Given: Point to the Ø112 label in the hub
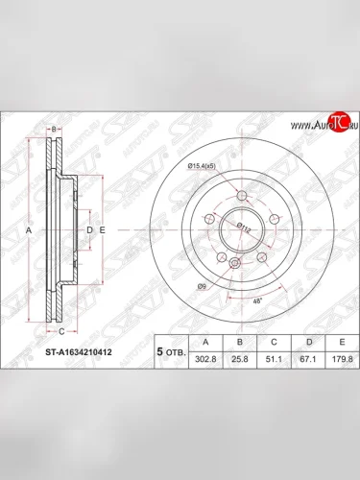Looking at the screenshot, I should (x=245, y=227).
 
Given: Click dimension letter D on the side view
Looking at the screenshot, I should (x=88, y=231).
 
